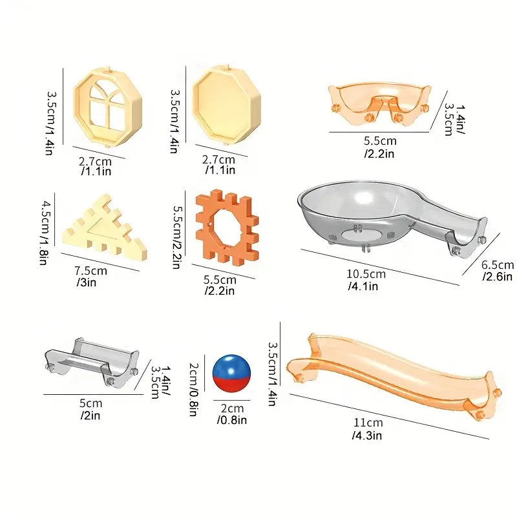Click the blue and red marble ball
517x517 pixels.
(231, 374)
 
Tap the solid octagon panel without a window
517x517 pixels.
(227, 105)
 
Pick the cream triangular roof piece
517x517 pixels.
(105, 229)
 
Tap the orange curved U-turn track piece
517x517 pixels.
(379, 103)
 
